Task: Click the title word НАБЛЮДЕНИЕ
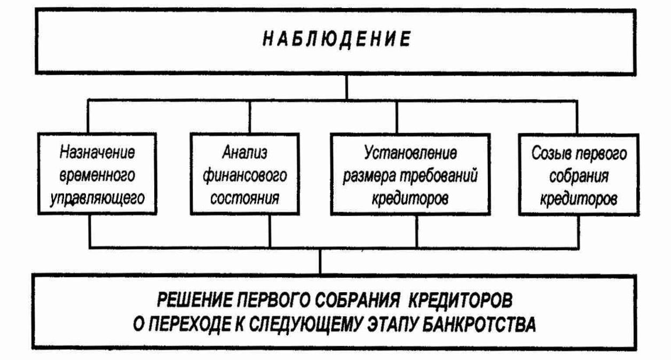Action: click(336, 40)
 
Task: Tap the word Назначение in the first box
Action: click(97, 152)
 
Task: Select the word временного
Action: click(97, 175)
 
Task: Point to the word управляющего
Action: click(97, 198)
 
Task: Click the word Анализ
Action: click(244, 153)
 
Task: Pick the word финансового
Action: click(244, 176)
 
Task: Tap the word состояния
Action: click(244, 198)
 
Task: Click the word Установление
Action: click(411, 153)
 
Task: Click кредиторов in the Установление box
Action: click(410, 199)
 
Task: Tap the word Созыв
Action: click(552, 153)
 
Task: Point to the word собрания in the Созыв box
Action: click(579, 176)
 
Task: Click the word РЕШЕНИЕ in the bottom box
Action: click(195, 300)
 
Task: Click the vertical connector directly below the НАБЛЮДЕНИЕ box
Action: click(347, 87)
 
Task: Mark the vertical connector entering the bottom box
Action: click(320, 261)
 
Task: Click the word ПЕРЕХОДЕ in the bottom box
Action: click(190, 325)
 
